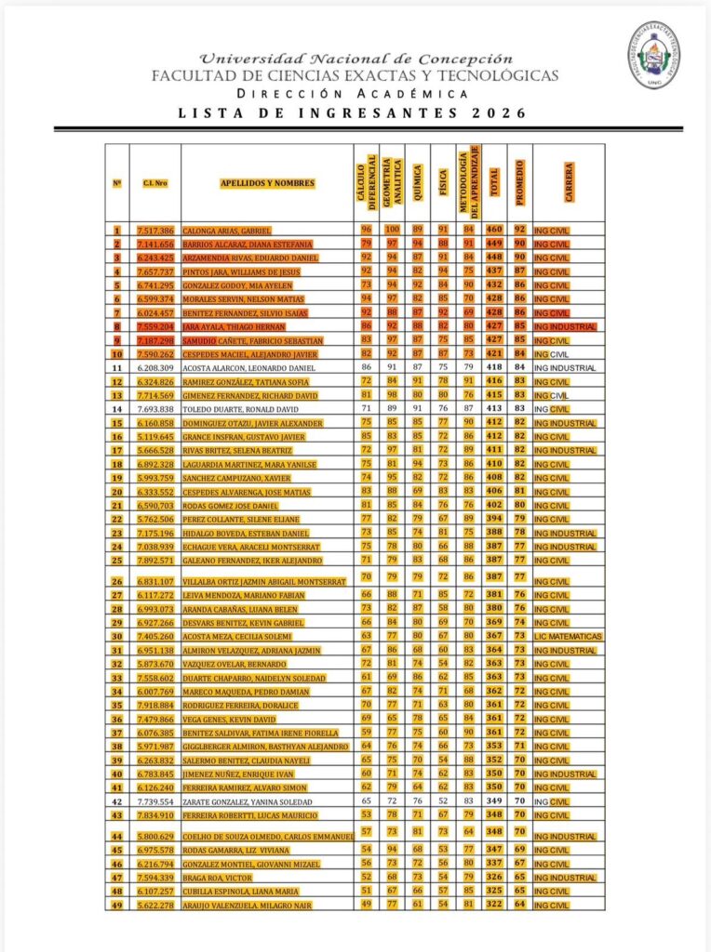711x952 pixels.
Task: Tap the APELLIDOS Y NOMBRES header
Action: (x=267, y=183)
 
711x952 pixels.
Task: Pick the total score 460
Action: (x=494, y=229)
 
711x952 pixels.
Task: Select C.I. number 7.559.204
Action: (x=152, y=326)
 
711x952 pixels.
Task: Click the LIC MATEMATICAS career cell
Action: (x=569, y=637)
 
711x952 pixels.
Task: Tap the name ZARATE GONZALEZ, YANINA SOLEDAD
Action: (x=245, y=801)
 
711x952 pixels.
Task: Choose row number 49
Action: (x=117, y=905)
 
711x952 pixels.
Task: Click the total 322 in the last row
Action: (x=494, y=905)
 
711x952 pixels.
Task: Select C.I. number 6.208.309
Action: (x=152, y=368)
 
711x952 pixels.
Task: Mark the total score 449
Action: (x=494, y=243)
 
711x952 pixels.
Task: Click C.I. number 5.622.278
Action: (x=152, y=905)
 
